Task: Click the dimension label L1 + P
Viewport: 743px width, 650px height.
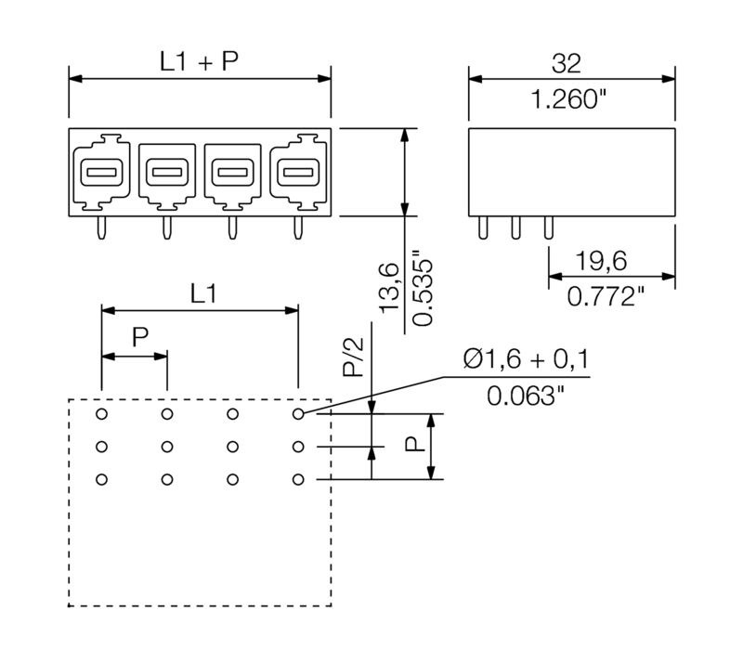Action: (199, 62)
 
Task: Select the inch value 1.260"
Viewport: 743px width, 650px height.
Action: (568, 100)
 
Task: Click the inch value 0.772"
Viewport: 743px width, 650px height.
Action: (606, 297)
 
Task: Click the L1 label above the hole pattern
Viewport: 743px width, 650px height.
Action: (205, 294)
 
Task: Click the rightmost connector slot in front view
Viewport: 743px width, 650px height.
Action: (298, 172)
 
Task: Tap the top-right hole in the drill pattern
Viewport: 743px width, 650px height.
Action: (298, 414)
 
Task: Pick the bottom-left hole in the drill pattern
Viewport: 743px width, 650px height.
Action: (102, 479)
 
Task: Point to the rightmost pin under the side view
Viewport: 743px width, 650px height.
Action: (547, 227)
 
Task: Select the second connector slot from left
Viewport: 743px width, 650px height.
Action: (166, 172)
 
